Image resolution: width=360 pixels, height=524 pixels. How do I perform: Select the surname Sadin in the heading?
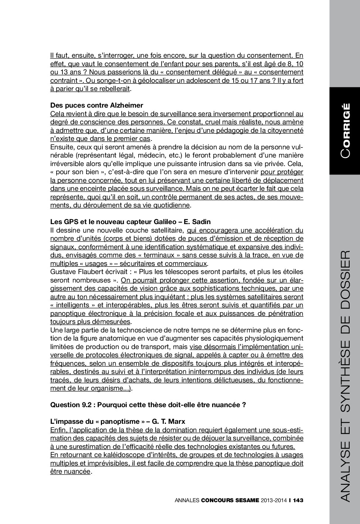(x=201, y=222)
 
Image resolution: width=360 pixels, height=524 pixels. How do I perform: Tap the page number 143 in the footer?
(x=298, y=500)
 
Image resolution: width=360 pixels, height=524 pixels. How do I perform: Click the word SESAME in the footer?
(x=245, y=500)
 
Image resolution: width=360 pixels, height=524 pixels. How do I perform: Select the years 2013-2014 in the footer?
(x=274, y=500)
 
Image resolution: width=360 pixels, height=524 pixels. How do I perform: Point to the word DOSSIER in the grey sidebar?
(x=344, y=281)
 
